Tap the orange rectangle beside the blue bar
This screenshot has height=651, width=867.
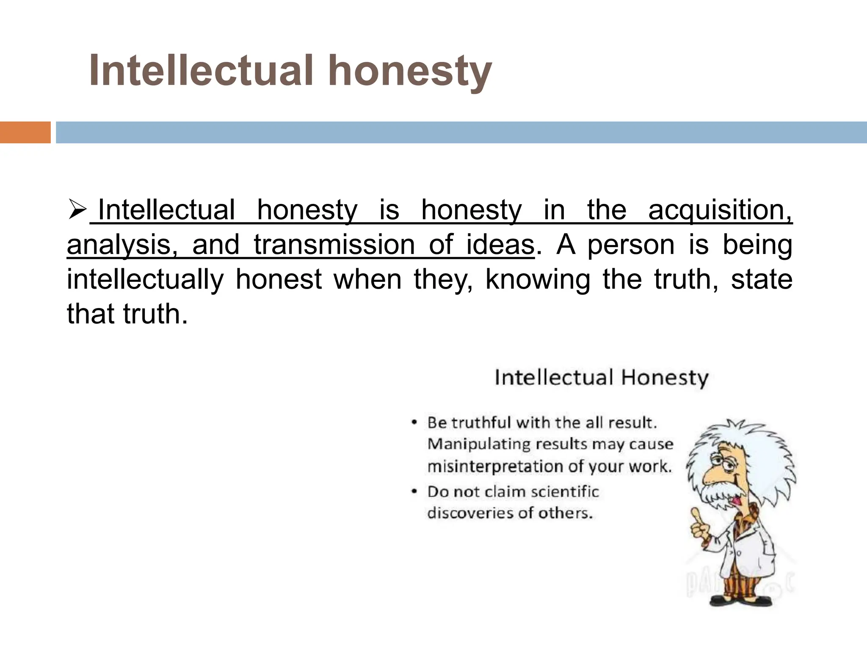coord(25,132)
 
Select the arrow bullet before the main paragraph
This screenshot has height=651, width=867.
coord(77,210)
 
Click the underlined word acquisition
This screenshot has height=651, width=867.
coord(720,210)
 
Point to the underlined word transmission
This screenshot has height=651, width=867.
coord(334,245)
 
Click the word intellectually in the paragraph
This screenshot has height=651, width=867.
coord(145,280)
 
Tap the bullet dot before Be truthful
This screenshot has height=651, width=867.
coord(415,423)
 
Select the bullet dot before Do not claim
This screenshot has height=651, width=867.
coord(415,492)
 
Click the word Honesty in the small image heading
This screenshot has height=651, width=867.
coord(665,377)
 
